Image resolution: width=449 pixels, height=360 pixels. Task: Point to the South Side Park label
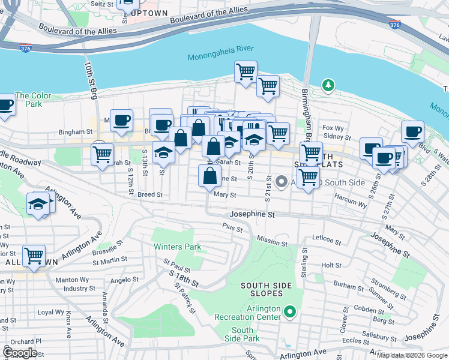point(243,335)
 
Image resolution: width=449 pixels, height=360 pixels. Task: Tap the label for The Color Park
point(33,100)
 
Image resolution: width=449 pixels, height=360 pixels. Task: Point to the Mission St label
point(272,241)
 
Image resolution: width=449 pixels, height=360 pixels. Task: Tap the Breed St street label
point(149,194)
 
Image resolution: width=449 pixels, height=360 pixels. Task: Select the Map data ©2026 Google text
point(412,355)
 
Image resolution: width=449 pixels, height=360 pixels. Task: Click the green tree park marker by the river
point(328,86)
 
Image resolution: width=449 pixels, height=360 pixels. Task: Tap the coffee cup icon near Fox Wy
point(413,132)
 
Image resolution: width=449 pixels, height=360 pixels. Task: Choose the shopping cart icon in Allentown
point(34,256)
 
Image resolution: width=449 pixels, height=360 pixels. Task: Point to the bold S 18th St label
point(183,279)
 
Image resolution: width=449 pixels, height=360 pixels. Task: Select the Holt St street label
point(331,265)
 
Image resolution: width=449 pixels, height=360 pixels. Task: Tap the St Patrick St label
point(185,298)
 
